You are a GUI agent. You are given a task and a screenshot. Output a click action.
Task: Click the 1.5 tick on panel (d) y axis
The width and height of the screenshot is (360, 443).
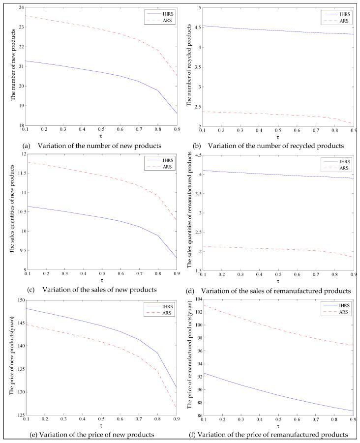pos(196,270)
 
